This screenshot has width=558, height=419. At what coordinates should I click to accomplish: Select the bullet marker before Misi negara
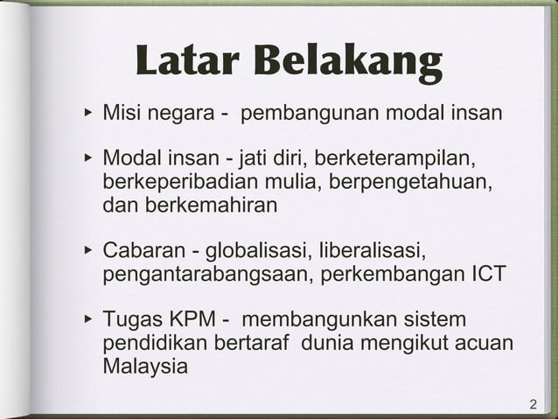[x=87, y=114]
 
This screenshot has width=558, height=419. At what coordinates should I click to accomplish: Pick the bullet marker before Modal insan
[x=87, y=159]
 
